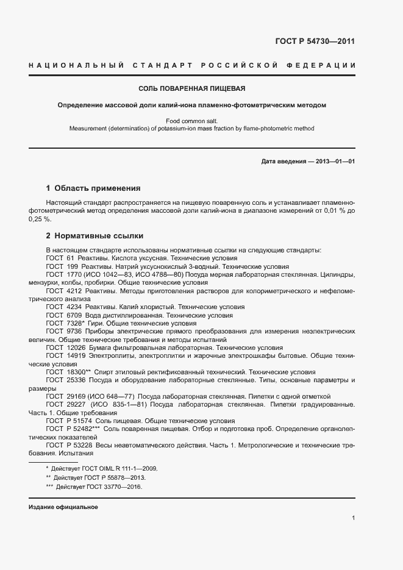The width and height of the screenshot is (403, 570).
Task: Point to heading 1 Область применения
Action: point(93,188)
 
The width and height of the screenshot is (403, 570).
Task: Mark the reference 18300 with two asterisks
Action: point(79,371)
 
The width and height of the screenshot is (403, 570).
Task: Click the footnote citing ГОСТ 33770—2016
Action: point(98,487)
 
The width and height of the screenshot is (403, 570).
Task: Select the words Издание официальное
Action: point(63,507)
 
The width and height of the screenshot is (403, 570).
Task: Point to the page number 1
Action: point(353,518)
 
